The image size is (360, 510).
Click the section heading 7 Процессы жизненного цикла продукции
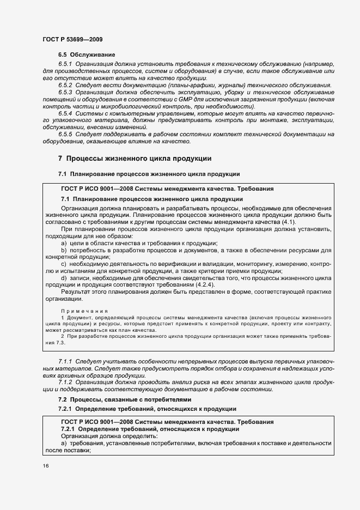pyautogui.click(x=131, y=159)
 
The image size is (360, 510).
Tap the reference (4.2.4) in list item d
pyautogui.click(x=204, y=285)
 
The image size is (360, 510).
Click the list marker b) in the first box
pyautogui.click(x=64, y=250)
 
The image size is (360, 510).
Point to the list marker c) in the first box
pyautogui.click(x=64, y=264)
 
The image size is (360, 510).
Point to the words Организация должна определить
pyautogui.click(x=109, y=436)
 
